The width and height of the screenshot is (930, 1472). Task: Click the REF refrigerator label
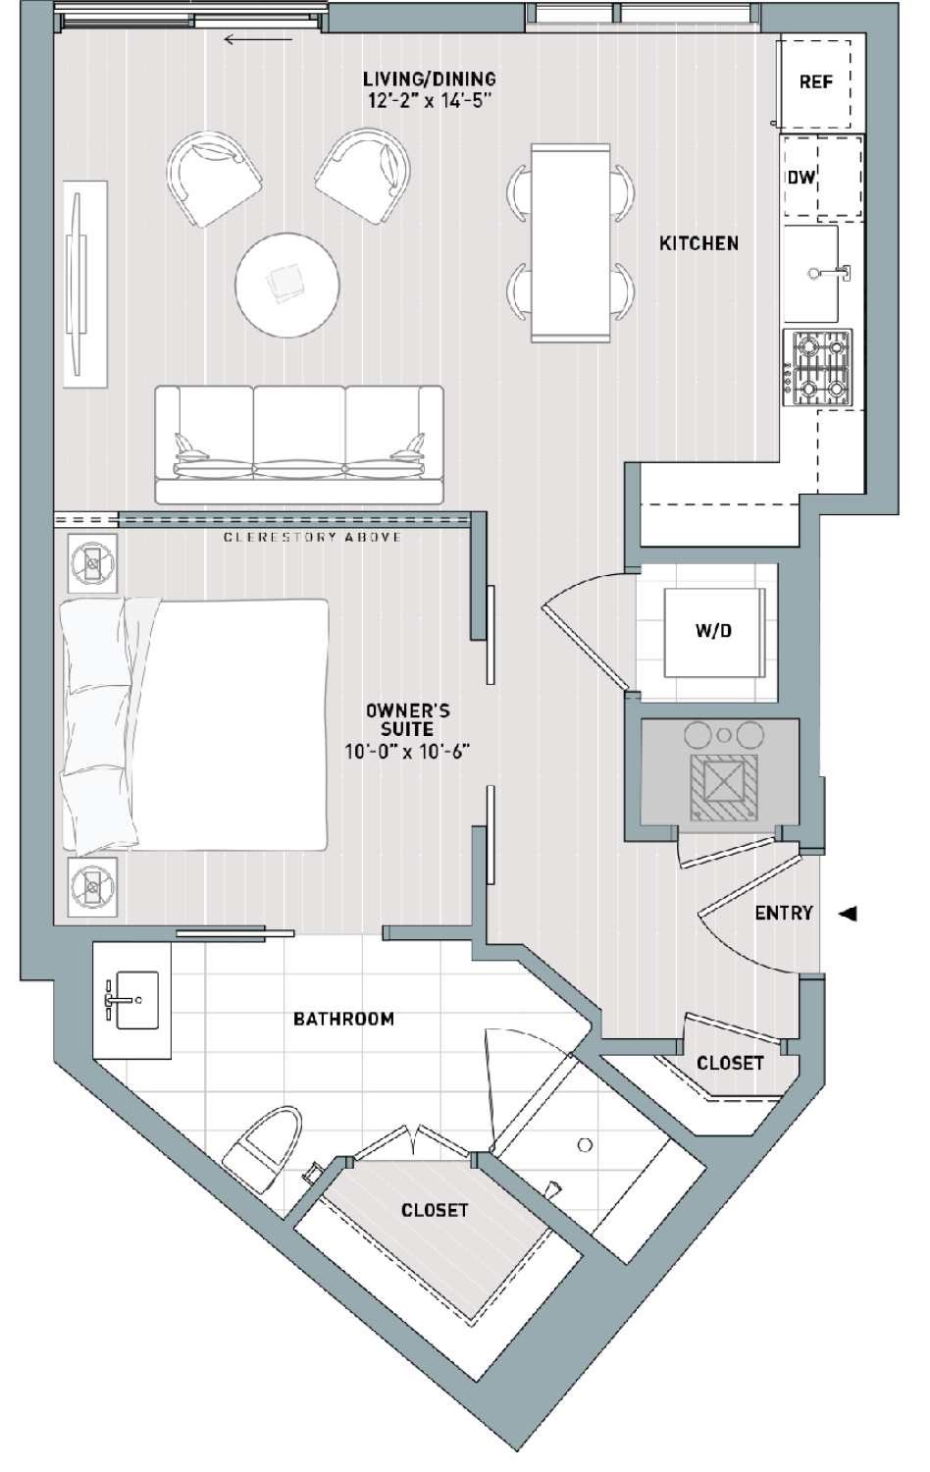pos(816,82)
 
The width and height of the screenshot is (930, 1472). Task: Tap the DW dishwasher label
pos(801,177)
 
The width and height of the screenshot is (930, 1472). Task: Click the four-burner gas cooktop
pos(818,369)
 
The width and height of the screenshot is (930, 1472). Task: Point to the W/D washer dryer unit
pos(714,632)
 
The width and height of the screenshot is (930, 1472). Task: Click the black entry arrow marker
pos(849,913)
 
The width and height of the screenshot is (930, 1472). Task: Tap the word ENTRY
pos(784,913)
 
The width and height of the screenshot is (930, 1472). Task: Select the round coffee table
pos(287,286)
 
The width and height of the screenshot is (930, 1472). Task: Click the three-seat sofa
pos(299,445)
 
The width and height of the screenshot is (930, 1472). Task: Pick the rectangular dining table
pos(570,243)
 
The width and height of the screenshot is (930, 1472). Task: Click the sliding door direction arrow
pos(258,40)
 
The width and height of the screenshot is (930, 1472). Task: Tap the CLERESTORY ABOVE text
pos(313,538)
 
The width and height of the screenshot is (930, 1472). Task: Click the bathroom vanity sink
pos(136,1000)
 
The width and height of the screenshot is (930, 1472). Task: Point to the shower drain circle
pos(585,1145)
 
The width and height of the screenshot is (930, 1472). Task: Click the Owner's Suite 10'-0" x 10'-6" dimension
pos(408,751)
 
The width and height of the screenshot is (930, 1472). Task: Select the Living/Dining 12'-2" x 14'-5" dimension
pos(430,101)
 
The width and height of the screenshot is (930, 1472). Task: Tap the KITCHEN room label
pos(698,243)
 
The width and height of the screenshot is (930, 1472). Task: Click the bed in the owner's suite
pos(194,725)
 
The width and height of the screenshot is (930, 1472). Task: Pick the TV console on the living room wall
pos(84,285)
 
